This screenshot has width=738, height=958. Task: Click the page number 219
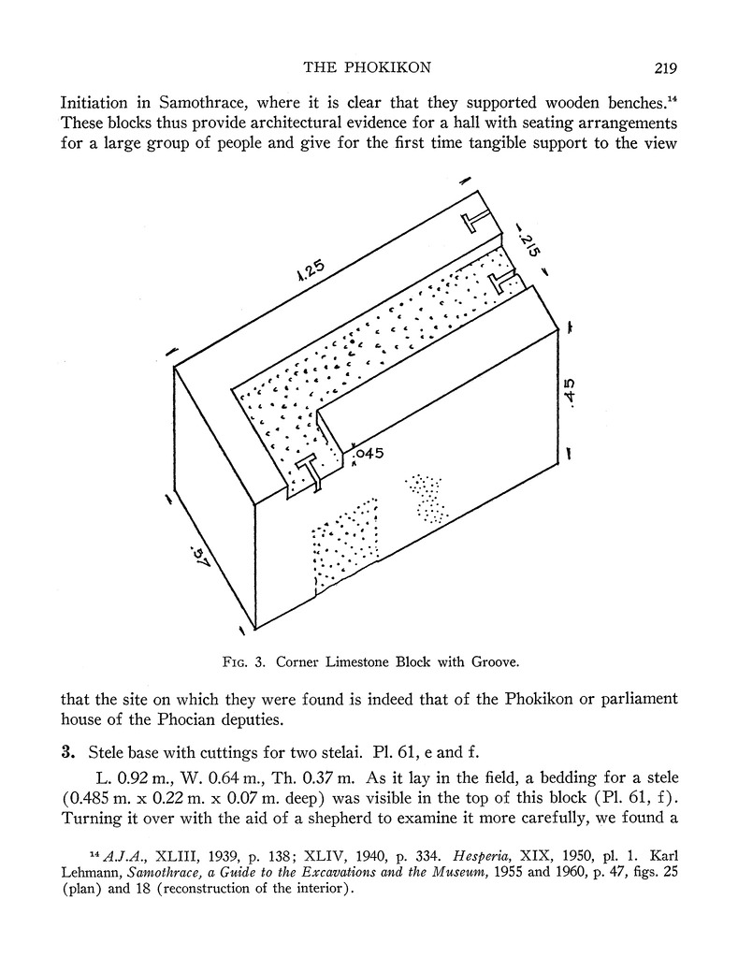(660, 67)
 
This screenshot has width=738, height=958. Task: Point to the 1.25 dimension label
(309, 270)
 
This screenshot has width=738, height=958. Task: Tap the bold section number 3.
(67, 751)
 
